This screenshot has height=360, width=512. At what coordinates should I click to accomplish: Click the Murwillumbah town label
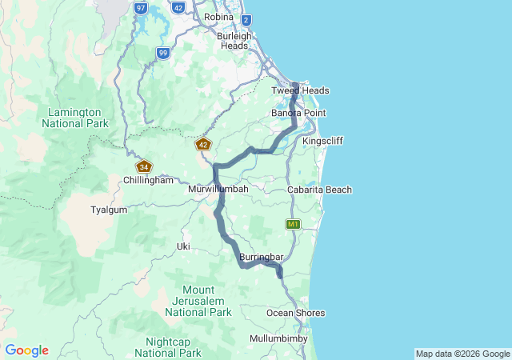[218, 189]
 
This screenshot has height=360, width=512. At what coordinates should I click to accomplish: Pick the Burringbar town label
[262, 257]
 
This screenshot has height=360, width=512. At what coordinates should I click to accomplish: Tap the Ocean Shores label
[296, 313]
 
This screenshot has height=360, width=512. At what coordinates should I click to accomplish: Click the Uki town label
[183, 246]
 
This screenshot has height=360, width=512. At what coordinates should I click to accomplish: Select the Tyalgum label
[110, 209]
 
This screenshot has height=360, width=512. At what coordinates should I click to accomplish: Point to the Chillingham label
[148, 181]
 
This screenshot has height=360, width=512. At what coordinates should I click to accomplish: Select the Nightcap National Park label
[168, 347]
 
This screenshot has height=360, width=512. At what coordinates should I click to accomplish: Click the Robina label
[218, 17]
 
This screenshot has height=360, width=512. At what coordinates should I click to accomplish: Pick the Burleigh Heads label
[235, 41]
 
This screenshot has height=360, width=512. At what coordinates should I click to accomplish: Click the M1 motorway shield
[294, 224]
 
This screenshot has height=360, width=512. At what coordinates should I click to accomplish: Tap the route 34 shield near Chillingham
[144, 166]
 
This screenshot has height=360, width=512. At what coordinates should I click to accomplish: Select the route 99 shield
[163, 53]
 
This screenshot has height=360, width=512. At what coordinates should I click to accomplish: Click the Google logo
[27, 350]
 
